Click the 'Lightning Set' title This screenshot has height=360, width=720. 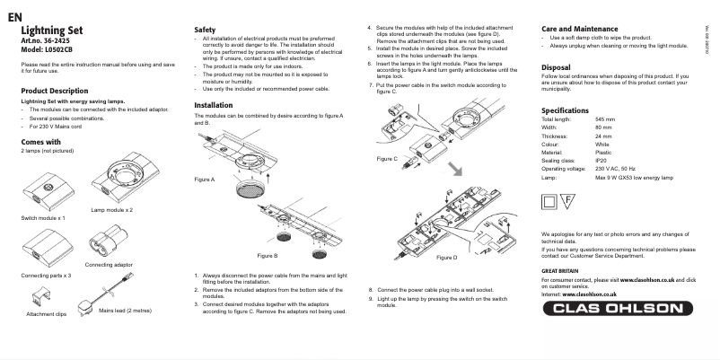click(x=51, y=31)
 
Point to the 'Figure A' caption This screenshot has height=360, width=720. click(x=205, y=180)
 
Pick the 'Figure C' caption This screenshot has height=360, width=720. click(x=383, y=158)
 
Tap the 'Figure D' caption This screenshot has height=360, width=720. click(x=446, y=258)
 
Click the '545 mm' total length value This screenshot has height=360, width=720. click(x=605, y=119)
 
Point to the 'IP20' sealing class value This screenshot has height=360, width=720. click(x=601, y=160)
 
